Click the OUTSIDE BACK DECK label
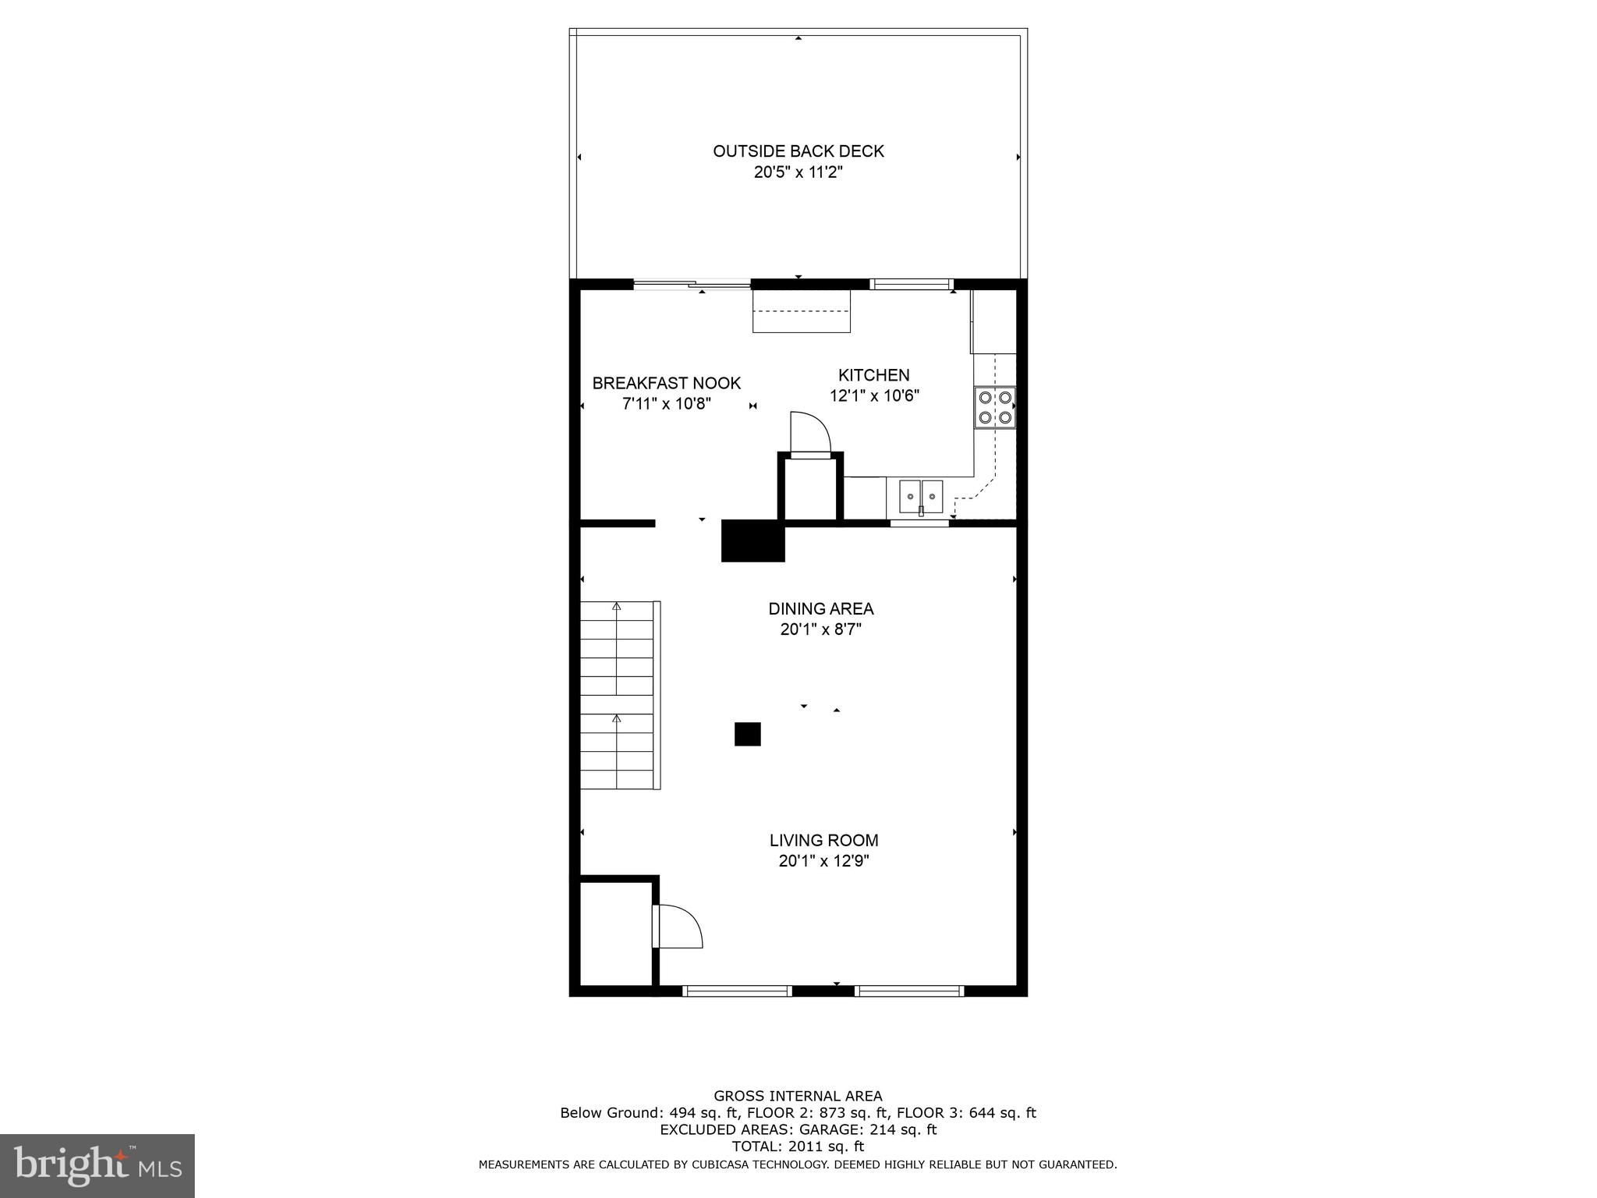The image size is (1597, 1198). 798,151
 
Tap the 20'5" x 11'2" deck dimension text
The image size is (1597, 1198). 798,172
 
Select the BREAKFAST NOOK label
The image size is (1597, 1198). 666,383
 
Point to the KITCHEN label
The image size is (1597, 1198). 873,375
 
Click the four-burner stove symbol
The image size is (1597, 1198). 995,407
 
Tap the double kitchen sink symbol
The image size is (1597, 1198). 921,496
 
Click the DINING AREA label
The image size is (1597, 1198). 820,608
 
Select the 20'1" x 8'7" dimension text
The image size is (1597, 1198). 820,629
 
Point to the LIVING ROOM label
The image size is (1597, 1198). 823,840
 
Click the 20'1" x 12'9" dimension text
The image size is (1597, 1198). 823,861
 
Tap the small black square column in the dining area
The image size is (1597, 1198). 747,734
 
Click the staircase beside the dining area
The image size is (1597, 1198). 618,694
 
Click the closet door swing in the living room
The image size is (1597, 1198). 678,927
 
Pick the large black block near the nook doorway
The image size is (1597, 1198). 752,540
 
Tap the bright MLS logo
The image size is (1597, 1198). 97,1164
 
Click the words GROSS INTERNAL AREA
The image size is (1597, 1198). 798,1096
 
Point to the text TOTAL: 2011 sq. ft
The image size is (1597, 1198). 798,1146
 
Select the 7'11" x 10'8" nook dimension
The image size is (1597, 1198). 666,404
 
